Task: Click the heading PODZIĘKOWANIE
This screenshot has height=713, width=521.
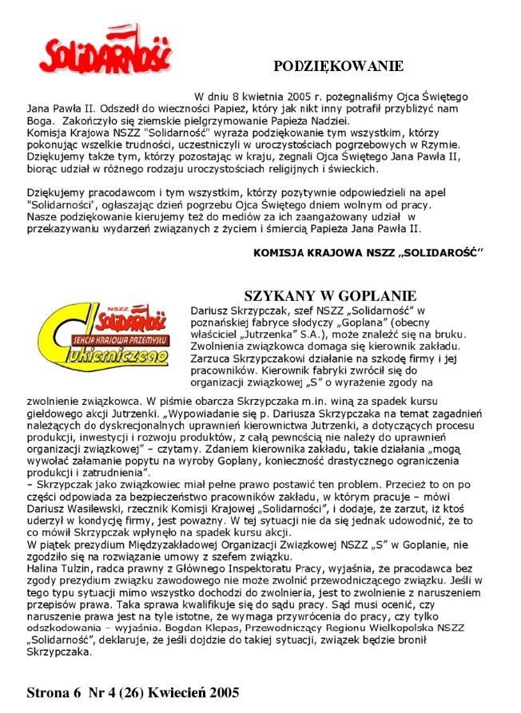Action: click(x=338, y=66)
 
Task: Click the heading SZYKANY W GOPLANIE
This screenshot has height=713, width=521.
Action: click(x=330, y=295)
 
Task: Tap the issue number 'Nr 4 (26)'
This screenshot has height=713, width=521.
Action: click(x=113, y=692)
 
